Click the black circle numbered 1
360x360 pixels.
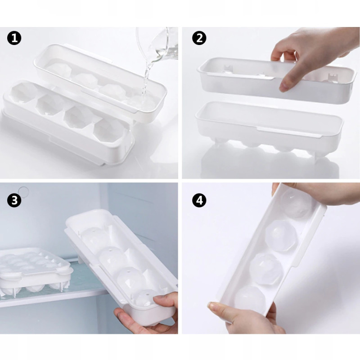click(14, 38)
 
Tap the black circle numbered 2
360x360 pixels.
click(199, 38)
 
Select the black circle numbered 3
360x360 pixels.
click(14, 200)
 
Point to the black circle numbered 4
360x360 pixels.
click(199, 200)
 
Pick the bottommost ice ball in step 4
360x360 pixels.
click(250, 300)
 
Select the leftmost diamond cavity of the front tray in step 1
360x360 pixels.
click(25, 93)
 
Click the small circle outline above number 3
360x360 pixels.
click(23, 191)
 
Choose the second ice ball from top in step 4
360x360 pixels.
click(281, 236)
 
